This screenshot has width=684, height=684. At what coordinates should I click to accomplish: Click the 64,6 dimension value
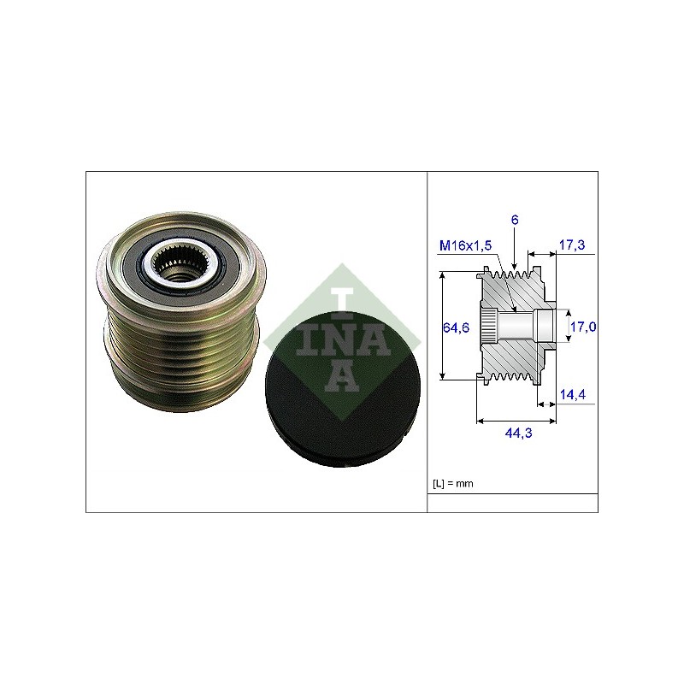click(456, 327)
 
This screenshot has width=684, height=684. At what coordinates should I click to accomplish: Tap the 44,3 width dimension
click(518, 433)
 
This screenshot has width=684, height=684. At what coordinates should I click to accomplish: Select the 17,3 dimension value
click(572, 245)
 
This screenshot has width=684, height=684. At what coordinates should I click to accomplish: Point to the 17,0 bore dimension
click(583, 327)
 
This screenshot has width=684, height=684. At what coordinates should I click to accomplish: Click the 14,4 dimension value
click(573, 394)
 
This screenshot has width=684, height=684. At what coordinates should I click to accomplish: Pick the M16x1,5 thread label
click(465, 245)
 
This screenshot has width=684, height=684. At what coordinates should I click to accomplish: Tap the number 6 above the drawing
click(515, 220)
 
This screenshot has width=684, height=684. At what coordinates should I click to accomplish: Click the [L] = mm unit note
click(453, 483)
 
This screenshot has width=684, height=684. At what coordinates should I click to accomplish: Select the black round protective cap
click(343, 389)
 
